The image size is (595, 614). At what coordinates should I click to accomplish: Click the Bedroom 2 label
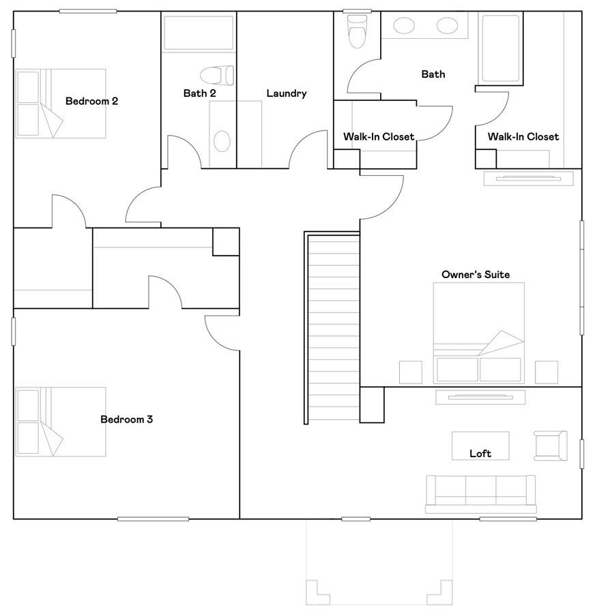[x=91, y=101]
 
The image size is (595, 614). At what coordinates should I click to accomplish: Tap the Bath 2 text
[x=199, y=93]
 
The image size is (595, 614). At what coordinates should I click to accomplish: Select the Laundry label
[x=287, y=93]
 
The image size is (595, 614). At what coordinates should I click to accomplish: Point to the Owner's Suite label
[x=476, y=275]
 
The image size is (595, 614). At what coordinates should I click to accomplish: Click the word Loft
[x=480, y=453]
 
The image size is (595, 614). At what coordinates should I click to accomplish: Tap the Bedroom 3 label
[x=127, y=419]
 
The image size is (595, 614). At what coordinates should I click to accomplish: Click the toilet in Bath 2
[x=217, y=75]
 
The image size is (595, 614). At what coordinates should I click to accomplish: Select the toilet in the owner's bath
[x=357, y=31]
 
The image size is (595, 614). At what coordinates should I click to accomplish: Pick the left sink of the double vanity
[x=404, y=26]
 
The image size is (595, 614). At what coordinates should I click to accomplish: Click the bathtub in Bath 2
[x=199, y=33]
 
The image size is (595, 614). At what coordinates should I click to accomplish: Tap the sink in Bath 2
[x=222, y=141]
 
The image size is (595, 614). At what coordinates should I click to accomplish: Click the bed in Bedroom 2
[x=61, y=104]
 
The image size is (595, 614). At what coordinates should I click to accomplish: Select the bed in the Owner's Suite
[x=478, y=333]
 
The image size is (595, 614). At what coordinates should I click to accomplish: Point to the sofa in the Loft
[x=481, y=494]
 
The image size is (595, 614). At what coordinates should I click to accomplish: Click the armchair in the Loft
[x=551, y=446]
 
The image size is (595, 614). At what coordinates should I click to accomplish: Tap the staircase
[x=332, y=328]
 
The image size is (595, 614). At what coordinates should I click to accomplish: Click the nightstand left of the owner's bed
[x=411, y=372]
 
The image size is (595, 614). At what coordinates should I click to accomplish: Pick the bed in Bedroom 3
[x=61, y=422]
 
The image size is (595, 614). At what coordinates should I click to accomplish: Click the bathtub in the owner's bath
[x=501, y=48]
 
